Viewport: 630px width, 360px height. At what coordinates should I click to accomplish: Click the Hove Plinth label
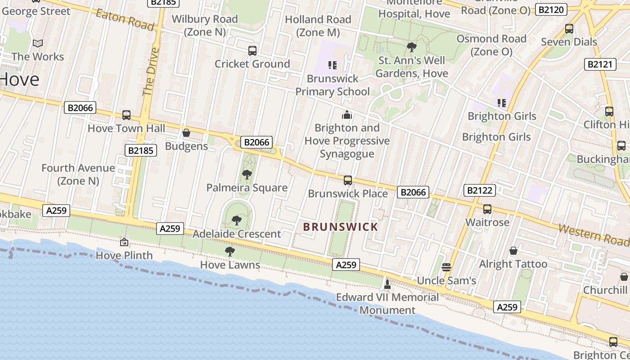pyautogui.click(x=125, y=256)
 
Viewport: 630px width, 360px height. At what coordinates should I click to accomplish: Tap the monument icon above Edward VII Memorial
pyautogui.click(x=387, y=284)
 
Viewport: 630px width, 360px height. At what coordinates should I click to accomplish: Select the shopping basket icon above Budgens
pyautogui.click(x=186, y=133)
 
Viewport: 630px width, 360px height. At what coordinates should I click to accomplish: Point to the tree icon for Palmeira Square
pyautogui.click(x=247, y=175)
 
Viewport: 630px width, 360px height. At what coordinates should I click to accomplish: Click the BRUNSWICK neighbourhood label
pyautogui.click(x=341, y=227)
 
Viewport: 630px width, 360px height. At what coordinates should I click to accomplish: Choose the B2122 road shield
pyautogui.click(x=480, y=190)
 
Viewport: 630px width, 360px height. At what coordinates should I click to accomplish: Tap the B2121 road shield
pyautogui.click(x=600, y=64)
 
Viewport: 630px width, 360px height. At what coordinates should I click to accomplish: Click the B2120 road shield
pyautogui.click(x=551, y=9)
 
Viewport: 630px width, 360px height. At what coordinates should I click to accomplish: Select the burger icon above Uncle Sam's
pyautogui.click(x=446, y=267)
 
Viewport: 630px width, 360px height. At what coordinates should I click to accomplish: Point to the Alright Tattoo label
pyautogui.click(x=513, y=264)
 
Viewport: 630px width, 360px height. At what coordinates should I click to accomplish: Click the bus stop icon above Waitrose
pyautogui.click(x=487, y=209)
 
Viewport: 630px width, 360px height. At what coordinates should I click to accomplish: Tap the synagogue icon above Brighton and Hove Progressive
pyautogui.click(x=346, y=115)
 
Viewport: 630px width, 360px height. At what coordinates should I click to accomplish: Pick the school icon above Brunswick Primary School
pyautogui.click(x=333, y=65)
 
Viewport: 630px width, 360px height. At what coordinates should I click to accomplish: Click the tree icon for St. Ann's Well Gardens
pyautogui.click(x=411, y=47)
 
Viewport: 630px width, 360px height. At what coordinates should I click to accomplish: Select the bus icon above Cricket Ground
pyautogui.click(x=252, y=51)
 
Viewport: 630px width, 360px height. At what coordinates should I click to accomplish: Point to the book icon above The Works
pyautogui.click(x=38, y=44)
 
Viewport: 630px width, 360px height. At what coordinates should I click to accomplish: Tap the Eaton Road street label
pyautogui.click(x=125, y=19)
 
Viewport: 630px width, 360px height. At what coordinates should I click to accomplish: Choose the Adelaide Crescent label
pyautogui.click(x=237, y=234)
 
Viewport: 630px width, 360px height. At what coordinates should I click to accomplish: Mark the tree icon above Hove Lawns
pyautogui.click(x=230, y=252)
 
